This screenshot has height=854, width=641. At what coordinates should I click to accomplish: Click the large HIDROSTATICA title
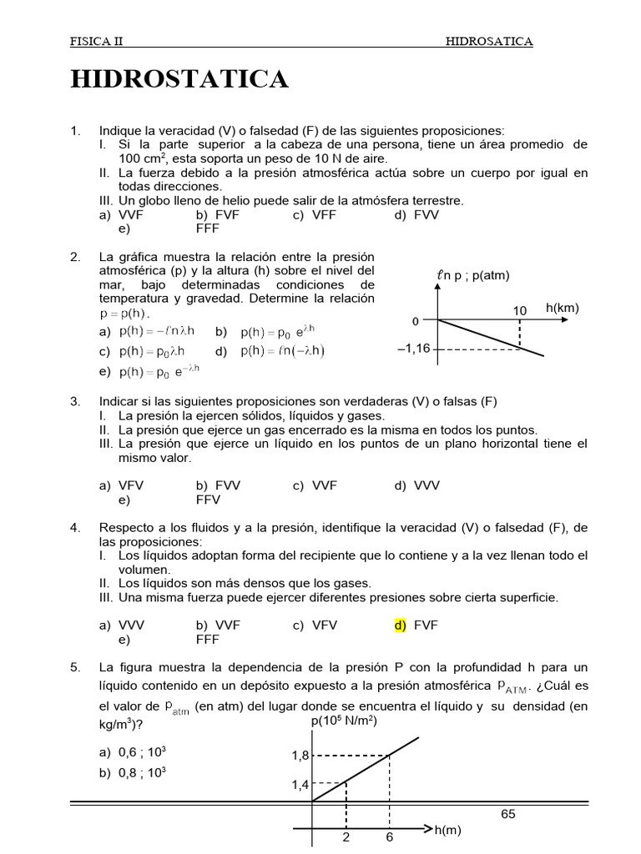[x=179, y=79]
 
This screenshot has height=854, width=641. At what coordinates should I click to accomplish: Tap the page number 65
[x=508, y=814]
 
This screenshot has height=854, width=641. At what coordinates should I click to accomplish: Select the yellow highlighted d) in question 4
[x=400, y=625]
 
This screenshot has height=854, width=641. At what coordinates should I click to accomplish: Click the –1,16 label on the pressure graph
[x=414, y=349]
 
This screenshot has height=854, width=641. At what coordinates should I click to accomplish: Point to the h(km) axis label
[x=563, y=308]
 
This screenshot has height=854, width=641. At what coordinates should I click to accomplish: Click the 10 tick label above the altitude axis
[x=520, y=310]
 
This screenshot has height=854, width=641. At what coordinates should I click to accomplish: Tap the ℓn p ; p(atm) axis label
[x=472, y=276]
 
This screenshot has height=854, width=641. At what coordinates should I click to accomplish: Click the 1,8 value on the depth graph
[x=300, y=756]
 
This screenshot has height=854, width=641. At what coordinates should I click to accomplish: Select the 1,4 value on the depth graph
[x=300, y=784]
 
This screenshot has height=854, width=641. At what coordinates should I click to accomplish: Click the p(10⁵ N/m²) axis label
[x=344, y=721]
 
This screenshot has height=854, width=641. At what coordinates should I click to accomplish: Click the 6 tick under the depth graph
[x=389, y=836]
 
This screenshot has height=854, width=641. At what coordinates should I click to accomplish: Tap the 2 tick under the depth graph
[x=345, y=836]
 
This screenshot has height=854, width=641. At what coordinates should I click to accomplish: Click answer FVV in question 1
[x=425, y=214]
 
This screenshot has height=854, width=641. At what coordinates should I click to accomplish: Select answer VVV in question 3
[x=425, y=485]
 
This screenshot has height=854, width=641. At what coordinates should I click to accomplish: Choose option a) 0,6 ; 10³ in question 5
[x=133, y=751]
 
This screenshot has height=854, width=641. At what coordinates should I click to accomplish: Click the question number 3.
[x=75, y=401]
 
